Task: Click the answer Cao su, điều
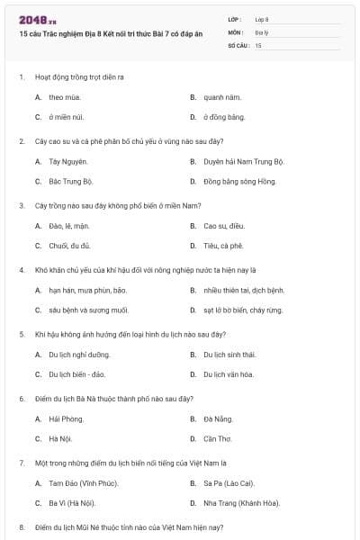click(223, 226)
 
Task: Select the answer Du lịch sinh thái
click(235, 355)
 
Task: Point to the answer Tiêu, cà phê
click(223, 245)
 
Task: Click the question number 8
click(22, 526)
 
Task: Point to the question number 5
click(22, 334)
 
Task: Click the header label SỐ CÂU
click(238, 45)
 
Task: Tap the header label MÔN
click(236, 31)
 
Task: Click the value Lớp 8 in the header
click(262, 19)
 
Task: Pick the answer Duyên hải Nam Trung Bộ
click(243, 162)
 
